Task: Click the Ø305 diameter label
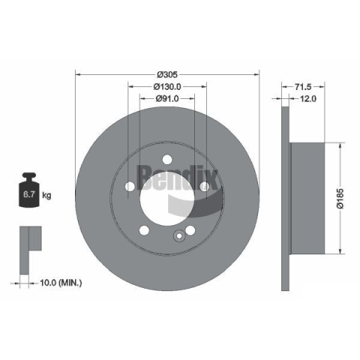(167, 74)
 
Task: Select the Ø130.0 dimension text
(167, 86)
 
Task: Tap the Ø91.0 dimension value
(167, 98)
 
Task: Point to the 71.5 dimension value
(303, 87)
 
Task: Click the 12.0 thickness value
(308, 99)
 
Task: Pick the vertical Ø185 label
(340, 199)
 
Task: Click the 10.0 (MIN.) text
(61, 283)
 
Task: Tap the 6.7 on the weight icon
(28, 194)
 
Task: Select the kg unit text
(46, 195)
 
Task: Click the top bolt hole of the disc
(167, 159)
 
